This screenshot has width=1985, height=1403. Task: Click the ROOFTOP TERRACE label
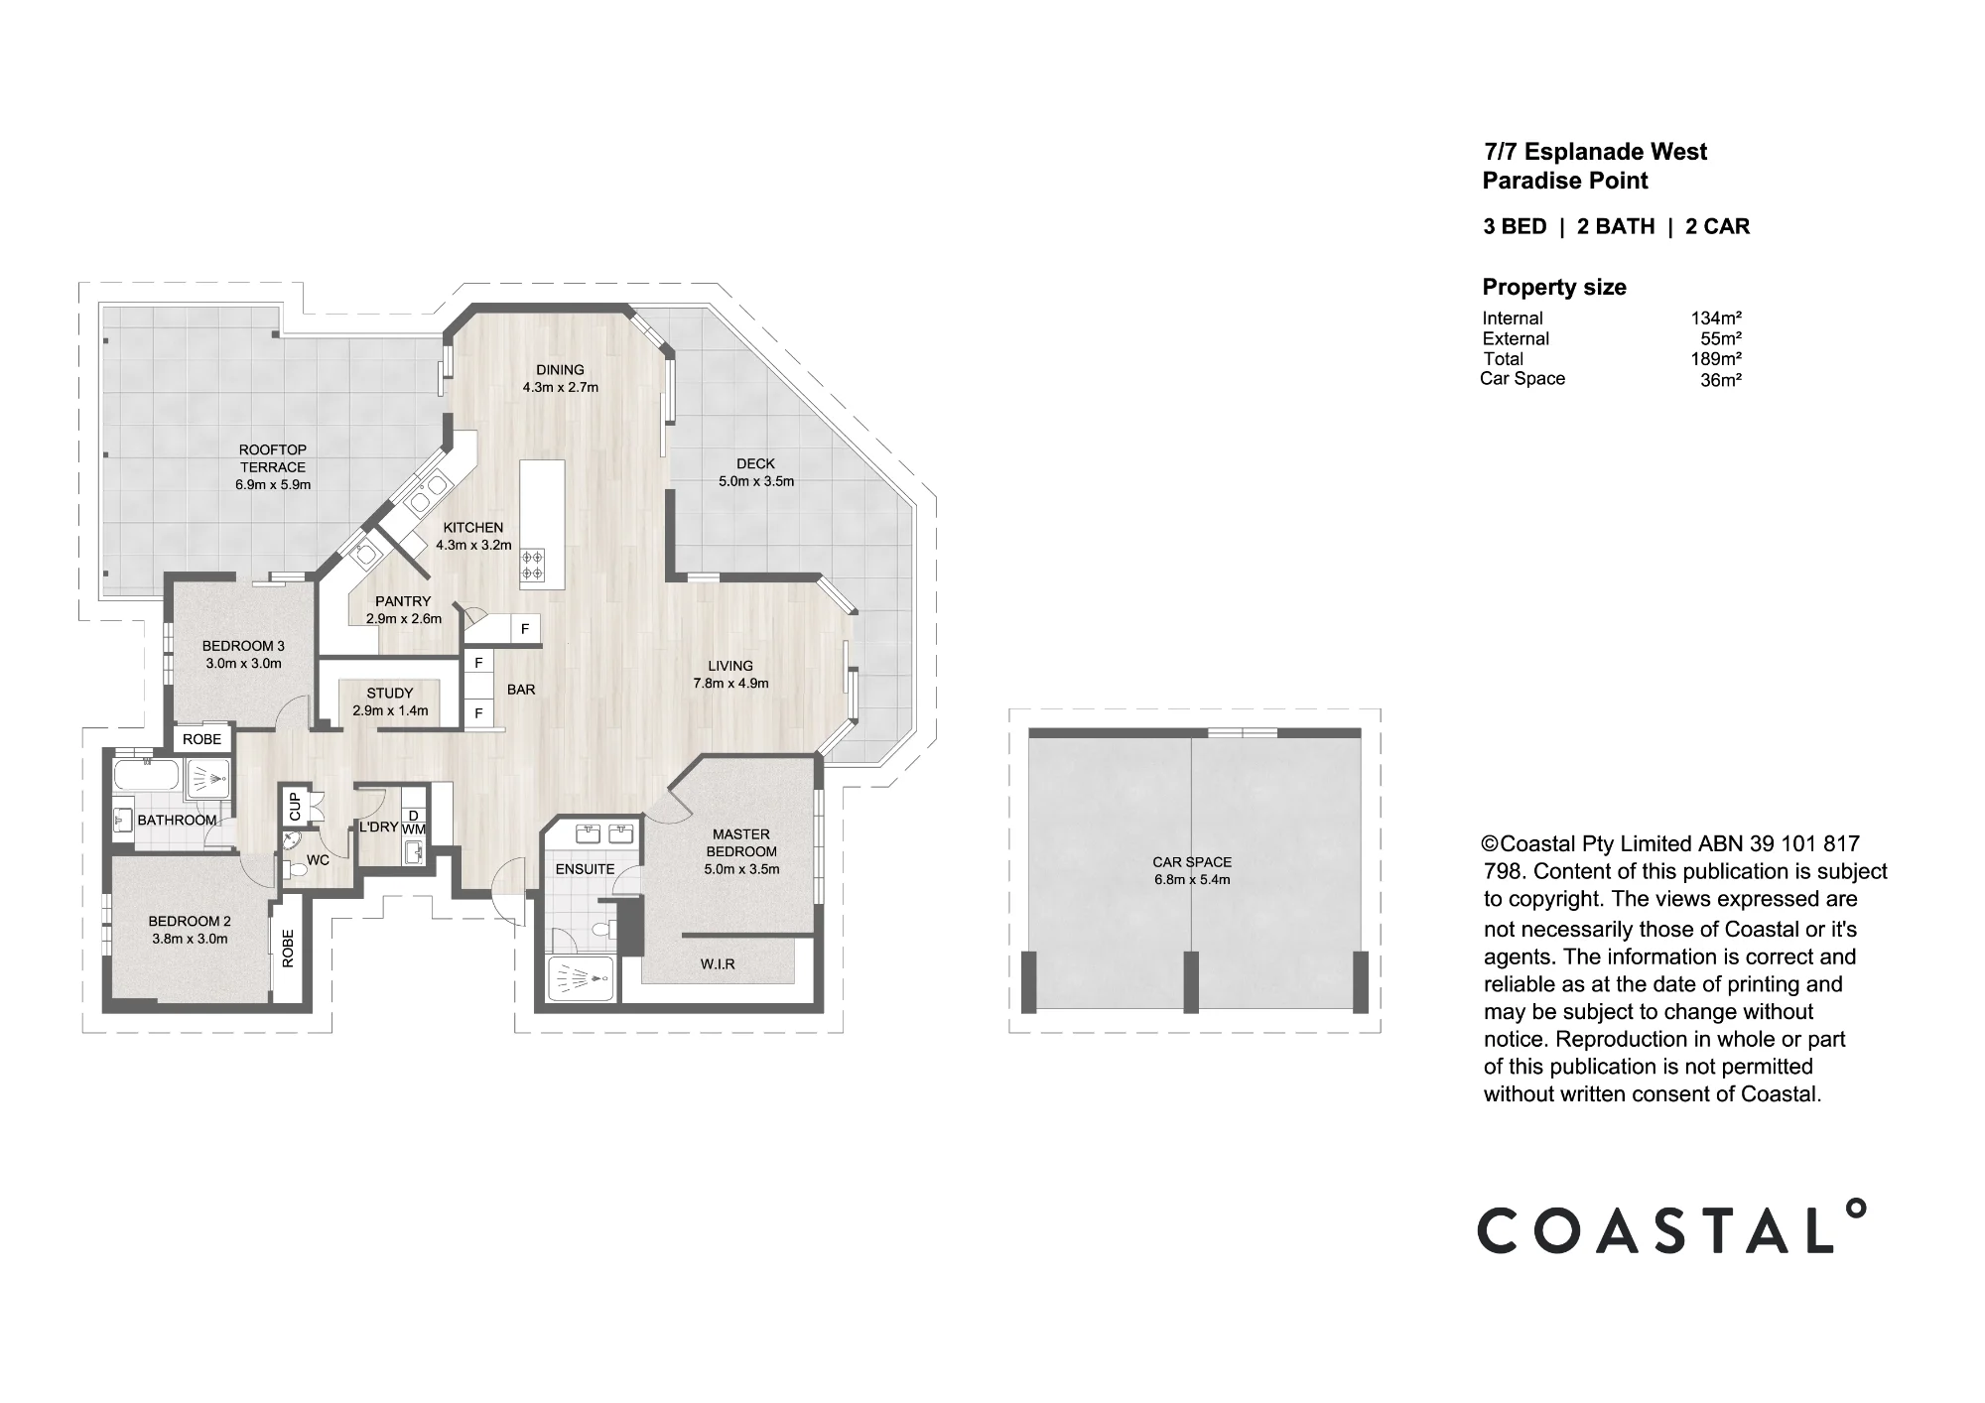coord(273,458)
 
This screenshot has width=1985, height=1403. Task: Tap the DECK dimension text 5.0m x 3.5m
coord(756,481)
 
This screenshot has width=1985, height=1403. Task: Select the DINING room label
coord(561,370)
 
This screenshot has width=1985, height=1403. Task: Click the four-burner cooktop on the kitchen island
coord(532,565)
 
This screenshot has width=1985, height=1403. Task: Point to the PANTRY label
coord(403,601)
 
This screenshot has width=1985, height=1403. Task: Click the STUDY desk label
coord(390,694)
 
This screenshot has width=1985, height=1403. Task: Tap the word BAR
coord(521,690)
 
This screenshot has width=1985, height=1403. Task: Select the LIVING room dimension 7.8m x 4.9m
coord(730,683)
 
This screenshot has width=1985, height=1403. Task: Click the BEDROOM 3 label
coord(243,646)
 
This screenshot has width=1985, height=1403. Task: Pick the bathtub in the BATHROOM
coord(148,776)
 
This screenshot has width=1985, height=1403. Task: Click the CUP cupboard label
coord(295,806)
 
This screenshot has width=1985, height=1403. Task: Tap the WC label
coord(318,860)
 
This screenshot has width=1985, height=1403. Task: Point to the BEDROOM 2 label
coord(190,921)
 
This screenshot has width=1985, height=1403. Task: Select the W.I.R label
coord(718,964)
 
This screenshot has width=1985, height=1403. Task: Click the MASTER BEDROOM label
coord(741,842)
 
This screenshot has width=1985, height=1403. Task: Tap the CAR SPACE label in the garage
coord(1192,862)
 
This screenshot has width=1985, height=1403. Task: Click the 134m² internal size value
coord(1716,319)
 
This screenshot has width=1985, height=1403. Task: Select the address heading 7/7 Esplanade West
coord(1595,152)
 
